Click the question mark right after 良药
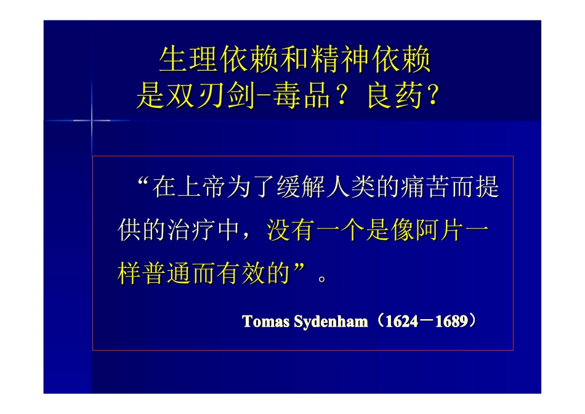(x=432, y=96)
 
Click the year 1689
(x=451, y=322)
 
